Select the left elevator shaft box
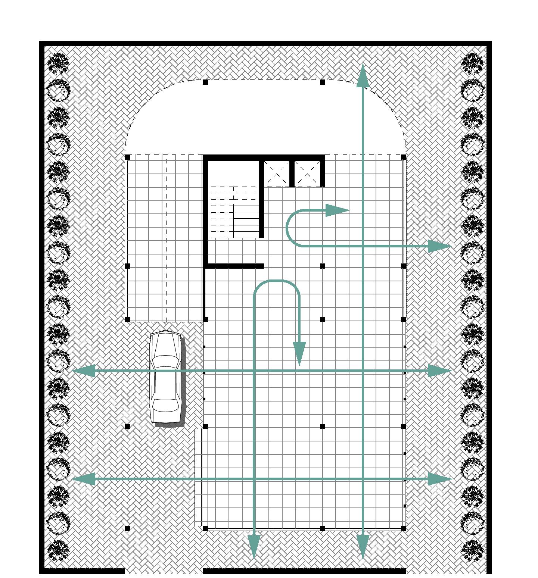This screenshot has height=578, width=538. point(277,173)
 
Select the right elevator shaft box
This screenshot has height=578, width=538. point(308,173)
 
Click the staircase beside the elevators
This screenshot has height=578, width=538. point(234,213)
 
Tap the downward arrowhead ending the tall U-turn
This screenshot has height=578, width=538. point(299,353)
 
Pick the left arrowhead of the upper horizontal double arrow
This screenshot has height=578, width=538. point(83,371)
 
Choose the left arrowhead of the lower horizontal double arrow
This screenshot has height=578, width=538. point(83,478)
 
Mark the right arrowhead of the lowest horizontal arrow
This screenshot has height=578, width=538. point(439,478)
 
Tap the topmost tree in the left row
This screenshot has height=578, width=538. point(59,63)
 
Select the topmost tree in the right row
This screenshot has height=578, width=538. point(472,63)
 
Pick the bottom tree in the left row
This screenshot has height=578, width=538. point(59,550)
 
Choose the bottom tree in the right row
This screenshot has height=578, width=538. point(472,550)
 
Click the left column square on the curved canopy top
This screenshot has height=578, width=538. point(205,82)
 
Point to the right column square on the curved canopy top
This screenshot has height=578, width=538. point(323,82)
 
